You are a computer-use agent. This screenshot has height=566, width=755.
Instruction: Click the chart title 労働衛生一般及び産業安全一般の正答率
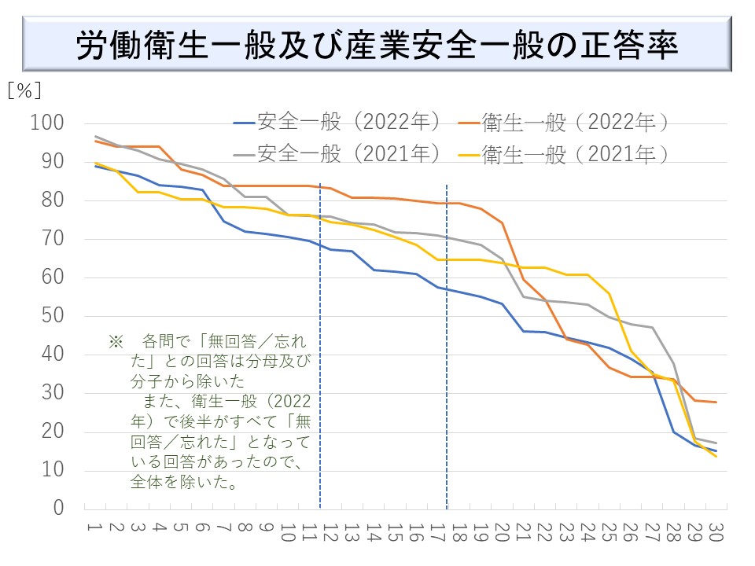[x=377, y=46]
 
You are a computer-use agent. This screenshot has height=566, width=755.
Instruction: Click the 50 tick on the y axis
[x=53, y=316]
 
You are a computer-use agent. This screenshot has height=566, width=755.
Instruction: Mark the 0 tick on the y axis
[x=58, y=509]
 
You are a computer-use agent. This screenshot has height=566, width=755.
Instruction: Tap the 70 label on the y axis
[x=53, y=239]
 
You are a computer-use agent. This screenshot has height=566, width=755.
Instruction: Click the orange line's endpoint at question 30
[x=715, y=402]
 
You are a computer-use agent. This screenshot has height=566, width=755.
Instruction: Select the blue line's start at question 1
[x=95, y=166]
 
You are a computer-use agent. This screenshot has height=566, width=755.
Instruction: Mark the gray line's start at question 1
[x=95, y=137]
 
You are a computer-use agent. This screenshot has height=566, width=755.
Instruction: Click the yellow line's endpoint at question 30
[x=715, y=456]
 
